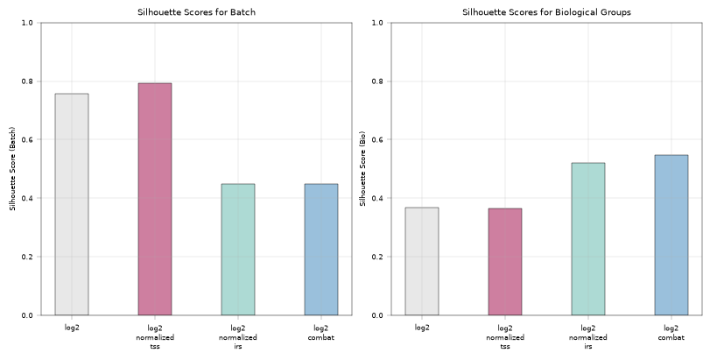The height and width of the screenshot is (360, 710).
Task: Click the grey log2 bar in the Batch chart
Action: click(72, 204)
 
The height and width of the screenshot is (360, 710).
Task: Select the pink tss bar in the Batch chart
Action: click(155, 199)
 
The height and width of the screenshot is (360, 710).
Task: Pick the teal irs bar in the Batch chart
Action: click(238, 250)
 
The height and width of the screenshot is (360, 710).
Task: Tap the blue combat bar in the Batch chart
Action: click(321, 250)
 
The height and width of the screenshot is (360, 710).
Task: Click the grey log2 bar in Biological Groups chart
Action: click(422, 261)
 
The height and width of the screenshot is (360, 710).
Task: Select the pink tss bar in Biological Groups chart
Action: click(505, 262)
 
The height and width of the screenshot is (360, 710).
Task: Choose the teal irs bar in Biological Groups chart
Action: click(588, 239)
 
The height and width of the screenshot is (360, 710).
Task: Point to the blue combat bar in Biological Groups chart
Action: click(671, 235)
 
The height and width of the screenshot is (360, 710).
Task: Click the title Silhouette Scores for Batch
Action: click(196, 12)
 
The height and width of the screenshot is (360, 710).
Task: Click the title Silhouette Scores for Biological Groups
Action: click(546, 12)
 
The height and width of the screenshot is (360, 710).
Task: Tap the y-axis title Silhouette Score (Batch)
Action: click(12, 168)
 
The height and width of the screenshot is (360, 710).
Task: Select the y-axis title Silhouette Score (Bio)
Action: click(362, 168)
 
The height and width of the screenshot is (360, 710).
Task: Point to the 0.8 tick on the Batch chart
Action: click(28, 81)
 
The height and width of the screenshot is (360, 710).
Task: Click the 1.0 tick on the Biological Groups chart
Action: click(377, 23)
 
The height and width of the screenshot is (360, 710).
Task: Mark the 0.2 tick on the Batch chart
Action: click(28, 257)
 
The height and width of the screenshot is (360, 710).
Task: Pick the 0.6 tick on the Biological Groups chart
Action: click(377, 140)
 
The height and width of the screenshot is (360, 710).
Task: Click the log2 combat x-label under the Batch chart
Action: click(321, 333)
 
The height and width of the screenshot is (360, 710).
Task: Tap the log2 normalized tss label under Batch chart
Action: click(155, 337)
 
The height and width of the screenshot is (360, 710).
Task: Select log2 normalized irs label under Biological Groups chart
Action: click(588, 337)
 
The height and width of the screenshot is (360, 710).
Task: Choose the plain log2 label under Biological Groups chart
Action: click(422, 328)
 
